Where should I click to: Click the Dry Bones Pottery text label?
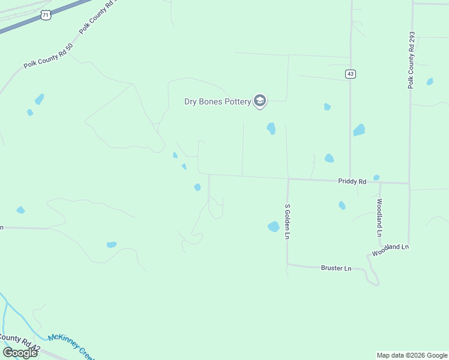tap(217, 101)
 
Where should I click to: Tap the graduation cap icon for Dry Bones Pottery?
tap(260, 101)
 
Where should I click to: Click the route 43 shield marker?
tap(351, 74)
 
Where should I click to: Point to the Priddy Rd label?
tap(352, 181)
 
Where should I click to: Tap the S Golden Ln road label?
tap(288, 221)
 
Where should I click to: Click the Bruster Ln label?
tap(336, 268)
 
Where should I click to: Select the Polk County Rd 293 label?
tap(411, 60)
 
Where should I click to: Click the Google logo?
tap(20, 352)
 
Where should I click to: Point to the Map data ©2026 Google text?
tap(412, 355)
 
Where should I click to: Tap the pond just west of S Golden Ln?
tap(274, 226)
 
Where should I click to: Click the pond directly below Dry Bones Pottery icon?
tap(271, 128)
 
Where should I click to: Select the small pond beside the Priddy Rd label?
tap(376, 178)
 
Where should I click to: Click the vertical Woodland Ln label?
tap(379, 217)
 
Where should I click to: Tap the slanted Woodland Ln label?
tap(390, 250)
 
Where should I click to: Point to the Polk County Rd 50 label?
tap(48, 55)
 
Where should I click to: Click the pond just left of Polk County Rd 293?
tap(430, 82)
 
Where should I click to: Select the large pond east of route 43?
tap(359, 130)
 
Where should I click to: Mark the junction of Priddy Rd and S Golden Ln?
tap(288, 179)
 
